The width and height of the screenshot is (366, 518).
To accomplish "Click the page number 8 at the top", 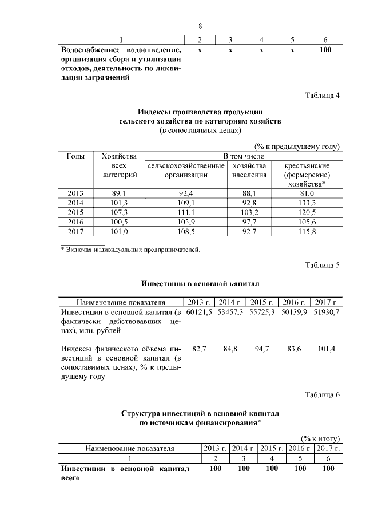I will point(201,26).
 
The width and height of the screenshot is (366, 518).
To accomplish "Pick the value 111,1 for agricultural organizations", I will point(186,212).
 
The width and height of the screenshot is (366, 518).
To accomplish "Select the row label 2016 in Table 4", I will point(75,222).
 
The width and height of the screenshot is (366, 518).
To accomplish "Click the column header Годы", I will point(75,156).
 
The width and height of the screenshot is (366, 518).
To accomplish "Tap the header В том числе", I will point(243,156).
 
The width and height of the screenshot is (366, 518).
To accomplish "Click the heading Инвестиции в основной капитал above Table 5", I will point(200,283).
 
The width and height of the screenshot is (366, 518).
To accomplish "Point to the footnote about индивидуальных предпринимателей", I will point(130,250).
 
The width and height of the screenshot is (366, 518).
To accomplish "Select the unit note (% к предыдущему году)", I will point(297,147).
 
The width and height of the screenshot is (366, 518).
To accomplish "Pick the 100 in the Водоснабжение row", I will point(325,50).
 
